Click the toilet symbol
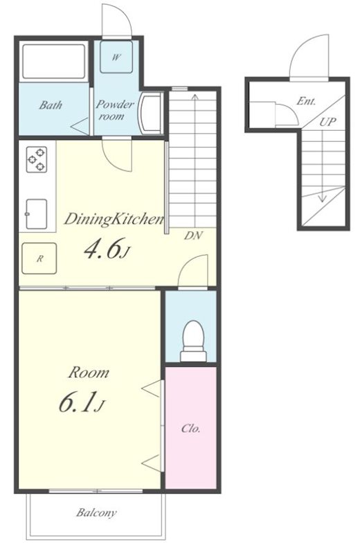193,341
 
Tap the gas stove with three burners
37,160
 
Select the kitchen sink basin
37,214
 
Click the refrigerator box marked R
39,258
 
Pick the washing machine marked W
116,57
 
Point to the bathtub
54,62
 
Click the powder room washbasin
151,113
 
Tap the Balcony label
96,512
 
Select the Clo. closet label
191,429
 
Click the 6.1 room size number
82,404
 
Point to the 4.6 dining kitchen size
105,249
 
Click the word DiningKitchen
114,220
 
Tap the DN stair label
193,235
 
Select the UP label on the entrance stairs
327,122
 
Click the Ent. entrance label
306,101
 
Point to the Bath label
51,105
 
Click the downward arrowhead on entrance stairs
322,198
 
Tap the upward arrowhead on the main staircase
194,96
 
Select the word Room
89,373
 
